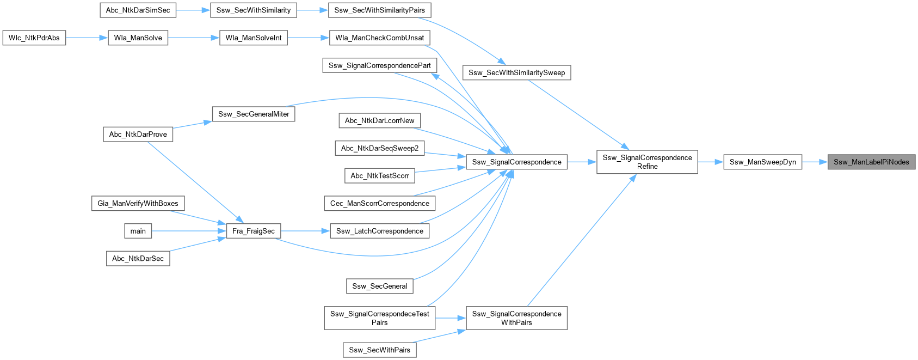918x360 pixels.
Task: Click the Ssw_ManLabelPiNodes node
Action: (871, 162)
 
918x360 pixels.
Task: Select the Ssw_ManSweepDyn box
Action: (762, 162)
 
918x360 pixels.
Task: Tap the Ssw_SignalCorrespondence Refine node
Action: (647, 162)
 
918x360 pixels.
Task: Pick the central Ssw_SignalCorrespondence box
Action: (516, 162)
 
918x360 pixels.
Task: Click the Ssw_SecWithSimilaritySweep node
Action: (516, 72)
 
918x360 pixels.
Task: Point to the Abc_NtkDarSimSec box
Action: (138, 10)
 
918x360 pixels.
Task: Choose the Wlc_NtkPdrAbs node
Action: (34, 38)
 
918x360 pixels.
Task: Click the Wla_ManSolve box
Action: (138, 38)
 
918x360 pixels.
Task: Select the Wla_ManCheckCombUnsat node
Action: (379, 38)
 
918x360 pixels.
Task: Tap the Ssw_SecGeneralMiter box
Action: (254, 114)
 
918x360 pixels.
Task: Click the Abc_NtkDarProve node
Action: (138, 134)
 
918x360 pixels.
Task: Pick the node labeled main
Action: (138, 231)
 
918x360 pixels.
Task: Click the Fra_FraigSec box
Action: (254, 231)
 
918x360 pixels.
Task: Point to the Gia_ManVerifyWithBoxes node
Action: (138, 203)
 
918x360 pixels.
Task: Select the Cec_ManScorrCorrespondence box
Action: (379, 203)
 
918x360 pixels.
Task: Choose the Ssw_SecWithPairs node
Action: (379, 350)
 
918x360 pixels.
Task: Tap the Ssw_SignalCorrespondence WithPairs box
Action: (516, 318)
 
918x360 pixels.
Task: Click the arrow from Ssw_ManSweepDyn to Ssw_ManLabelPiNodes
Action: (815, 162)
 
